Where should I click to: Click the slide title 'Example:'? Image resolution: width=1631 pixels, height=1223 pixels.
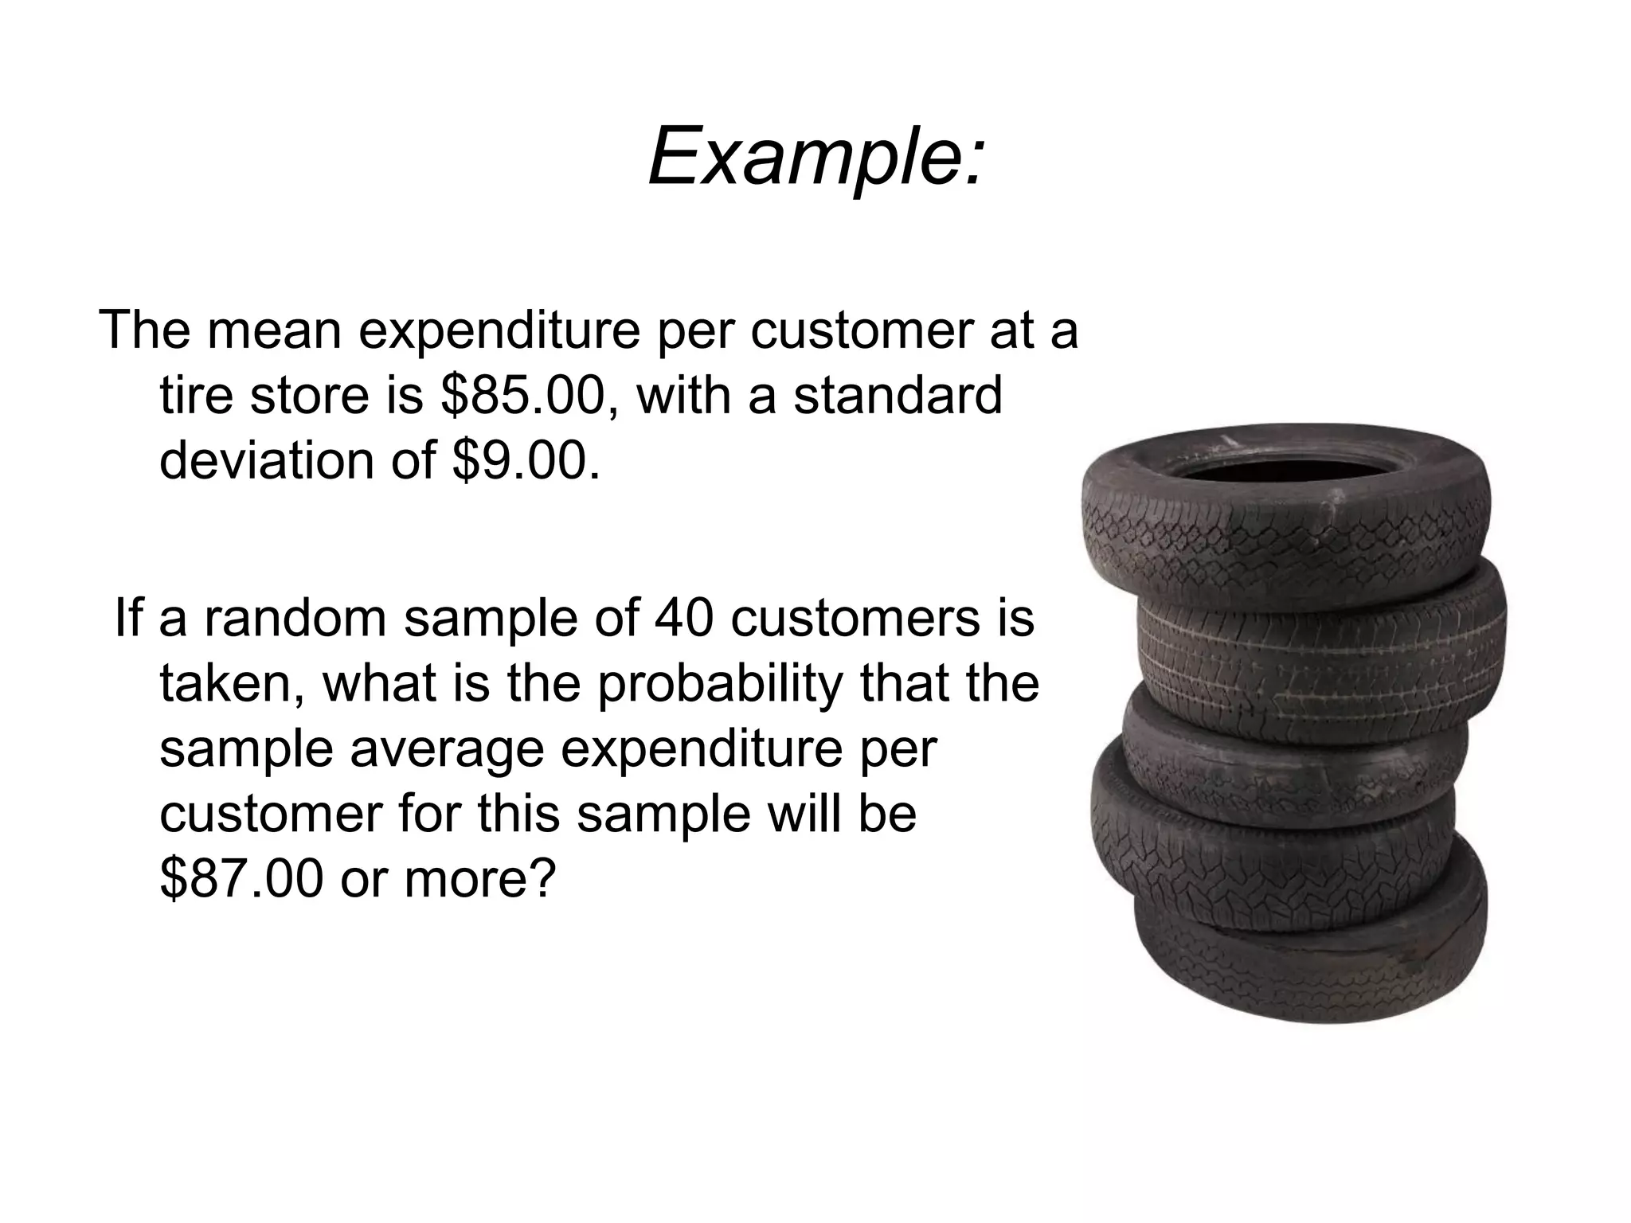[816, 156]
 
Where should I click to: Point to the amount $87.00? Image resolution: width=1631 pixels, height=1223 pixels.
[241, 878]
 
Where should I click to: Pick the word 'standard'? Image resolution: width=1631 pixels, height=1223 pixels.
[897, 396]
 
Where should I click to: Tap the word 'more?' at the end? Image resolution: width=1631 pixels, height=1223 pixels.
[479, 878]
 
